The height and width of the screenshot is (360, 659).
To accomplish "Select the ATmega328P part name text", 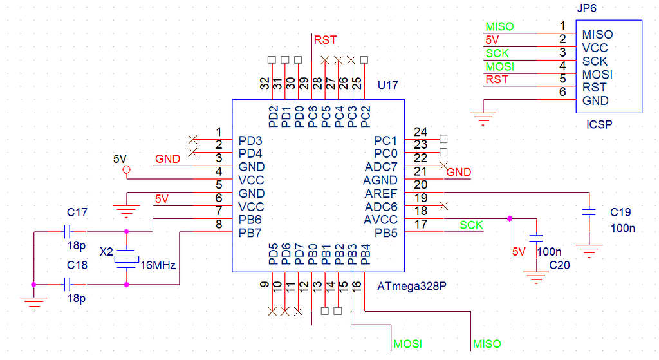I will point(411,286).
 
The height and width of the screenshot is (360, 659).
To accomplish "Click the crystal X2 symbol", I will point(126,259).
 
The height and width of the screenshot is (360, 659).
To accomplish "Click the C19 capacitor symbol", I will point(588,212).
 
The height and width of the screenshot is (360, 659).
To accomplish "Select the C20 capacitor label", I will point(559,265).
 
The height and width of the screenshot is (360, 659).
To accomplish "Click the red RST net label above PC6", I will point(325,41).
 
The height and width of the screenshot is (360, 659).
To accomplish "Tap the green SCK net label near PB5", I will point(471,225).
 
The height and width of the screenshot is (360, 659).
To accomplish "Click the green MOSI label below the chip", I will point(407,344).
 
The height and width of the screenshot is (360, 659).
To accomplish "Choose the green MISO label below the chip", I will point(487,344).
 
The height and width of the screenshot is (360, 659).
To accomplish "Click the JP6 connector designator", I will point(591,8).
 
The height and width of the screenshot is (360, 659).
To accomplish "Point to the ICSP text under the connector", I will point(599,125).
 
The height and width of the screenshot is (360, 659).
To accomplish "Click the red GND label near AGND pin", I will point(459,173).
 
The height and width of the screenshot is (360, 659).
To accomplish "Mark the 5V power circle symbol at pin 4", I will point(126,170).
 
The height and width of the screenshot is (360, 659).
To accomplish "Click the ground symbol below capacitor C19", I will point(588,248).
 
